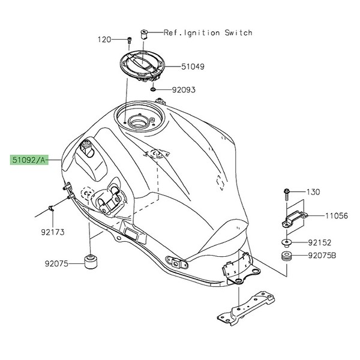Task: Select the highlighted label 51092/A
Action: click(x=29, y=160)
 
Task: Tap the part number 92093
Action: click(x=183, y=90)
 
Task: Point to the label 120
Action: click(x=106, y=40)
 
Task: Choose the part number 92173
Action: click(x=53, y=230)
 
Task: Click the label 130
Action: click(x=314, y=192)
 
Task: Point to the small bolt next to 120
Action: click(x=129, y=40)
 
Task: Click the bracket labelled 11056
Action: click(x=295, y=217)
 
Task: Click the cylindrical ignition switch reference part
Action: click(x=145, y=32)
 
